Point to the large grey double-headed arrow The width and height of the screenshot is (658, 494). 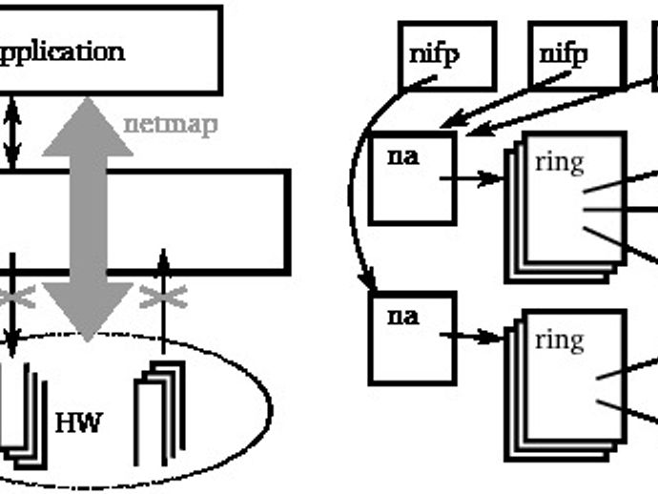click(x=88, y=219)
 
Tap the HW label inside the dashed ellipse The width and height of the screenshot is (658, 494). click(x=77, y=422)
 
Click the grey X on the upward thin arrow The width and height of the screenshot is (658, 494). click(x=163, y=299)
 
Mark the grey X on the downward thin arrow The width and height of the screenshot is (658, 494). click(x=13, y=299)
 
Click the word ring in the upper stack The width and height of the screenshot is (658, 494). click(x=559, y=161)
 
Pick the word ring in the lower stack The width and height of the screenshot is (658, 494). click(x=559, y=339)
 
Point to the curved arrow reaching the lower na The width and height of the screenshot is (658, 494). click(x=355, y=219)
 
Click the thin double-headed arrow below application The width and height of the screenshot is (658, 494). click(x=11, y=132)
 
